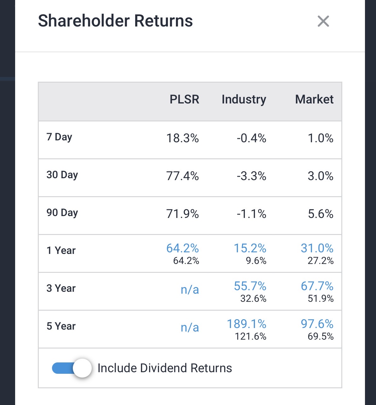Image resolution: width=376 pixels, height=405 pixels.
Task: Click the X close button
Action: click(x=323, y=21)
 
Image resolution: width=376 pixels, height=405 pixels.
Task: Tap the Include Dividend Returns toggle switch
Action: click(x=72, y=368)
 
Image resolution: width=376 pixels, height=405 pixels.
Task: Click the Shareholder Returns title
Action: click(x=115, y=21)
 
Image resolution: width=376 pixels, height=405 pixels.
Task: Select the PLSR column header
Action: click(x=184, y=99)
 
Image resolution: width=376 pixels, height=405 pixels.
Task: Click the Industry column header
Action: click(x=244, y=99)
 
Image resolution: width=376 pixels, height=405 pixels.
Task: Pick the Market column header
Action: click(x=314, y=99)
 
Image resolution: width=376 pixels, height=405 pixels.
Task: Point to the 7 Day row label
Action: click(x=59, y=137)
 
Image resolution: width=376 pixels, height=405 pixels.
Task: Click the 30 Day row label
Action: click(x=62, y=175)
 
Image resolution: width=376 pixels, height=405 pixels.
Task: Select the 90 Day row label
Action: click(x=62, y=213)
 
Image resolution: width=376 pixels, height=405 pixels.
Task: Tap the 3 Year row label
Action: click(x=61, y=288)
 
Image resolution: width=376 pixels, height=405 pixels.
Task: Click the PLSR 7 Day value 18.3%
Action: click(x=182, y=138)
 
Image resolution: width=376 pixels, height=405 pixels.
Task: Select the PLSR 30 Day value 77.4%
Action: click(x=182, y=176)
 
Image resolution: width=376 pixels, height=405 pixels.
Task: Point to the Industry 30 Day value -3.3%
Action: click(x=252, y=176)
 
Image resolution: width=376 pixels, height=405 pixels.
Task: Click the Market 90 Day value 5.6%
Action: click(x=321, y=214)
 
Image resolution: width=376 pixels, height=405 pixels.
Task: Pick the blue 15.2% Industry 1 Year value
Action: click(x=250, y=248)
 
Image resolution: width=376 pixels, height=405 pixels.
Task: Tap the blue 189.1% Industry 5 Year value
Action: click(x=246, y=324)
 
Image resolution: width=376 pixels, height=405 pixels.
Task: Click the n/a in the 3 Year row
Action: click(x=190, y=290)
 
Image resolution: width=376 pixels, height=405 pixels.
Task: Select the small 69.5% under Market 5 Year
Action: click(x=321, y=337)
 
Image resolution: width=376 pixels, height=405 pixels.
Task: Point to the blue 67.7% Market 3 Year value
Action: click(x=317, y=286)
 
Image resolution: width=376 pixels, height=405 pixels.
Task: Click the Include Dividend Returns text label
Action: click(x=165, y=368)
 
